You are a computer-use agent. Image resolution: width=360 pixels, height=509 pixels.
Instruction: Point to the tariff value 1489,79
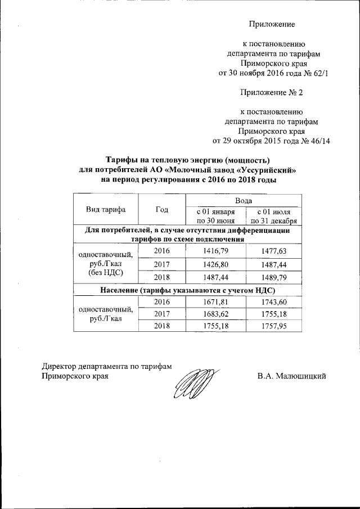point(273,277)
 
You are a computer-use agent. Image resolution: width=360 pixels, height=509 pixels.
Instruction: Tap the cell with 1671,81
point(215,303)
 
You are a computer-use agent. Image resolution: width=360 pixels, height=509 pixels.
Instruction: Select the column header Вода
point(244,200)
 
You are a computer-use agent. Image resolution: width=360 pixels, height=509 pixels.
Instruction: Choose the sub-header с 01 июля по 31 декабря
point(273,216)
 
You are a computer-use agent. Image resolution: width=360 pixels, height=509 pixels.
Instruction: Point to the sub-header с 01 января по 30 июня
point(215,216)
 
